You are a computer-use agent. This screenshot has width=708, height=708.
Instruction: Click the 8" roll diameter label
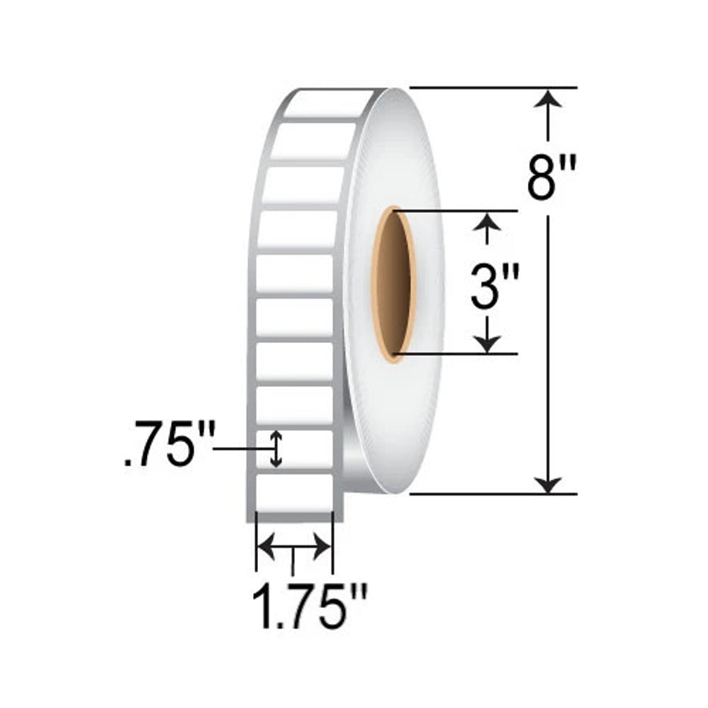[551, 178]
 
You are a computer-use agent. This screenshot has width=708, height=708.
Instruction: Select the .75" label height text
[169, 444]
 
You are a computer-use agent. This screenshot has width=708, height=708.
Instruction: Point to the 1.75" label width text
[310, 606]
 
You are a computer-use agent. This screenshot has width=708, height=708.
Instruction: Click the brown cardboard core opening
[393, 285]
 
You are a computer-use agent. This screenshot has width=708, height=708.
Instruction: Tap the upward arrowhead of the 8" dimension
[548, 98]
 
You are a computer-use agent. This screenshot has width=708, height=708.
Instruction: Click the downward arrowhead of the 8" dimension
[548, 484]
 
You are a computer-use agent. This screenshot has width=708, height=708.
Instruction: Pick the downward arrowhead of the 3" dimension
[487, 344]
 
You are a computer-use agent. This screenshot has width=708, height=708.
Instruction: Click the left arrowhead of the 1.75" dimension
[266, 547]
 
